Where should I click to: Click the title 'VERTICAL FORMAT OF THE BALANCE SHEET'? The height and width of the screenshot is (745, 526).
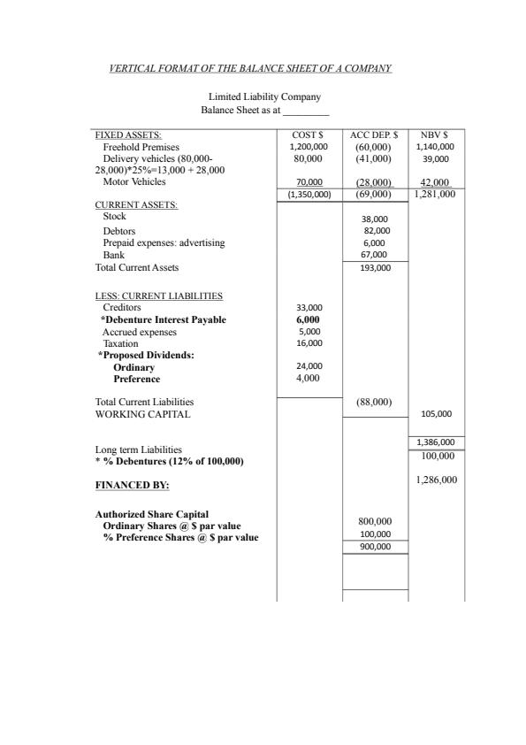[249, 68]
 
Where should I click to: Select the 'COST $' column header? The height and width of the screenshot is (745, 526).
[309, 134]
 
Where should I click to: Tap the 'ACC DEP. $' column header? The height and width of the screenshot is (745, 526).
[374, 134]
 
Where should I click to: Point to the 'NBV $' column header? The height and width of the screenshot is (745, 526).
[435, 134]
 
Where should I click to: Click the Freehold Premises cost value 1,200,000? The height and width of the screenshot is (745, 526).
[309, 147]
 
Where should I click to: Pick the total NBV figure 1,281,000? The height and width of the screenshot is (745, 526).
[435, 193]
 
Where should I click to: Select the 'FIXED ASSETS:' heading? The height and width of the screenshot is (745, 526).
[122, 134]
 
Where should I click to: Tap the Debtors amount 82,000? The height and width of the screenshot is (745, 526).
[376, 230]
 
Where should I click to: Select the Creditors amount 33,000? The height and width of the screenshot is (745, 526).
[309, 308]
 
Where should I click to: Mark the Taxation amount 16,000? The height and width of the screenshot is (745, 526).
[309, 342]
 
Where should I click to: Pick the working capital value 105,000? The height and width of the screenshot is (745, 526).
[437, 413]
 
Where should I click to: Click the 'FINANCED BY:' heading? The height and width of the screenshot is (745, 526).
[133, 486]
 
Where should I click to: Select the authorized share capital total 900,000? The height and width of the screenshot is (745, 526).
[375, 547]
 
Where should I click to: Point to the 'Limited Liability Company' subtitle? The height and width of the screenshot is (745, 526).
[264, 96]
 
